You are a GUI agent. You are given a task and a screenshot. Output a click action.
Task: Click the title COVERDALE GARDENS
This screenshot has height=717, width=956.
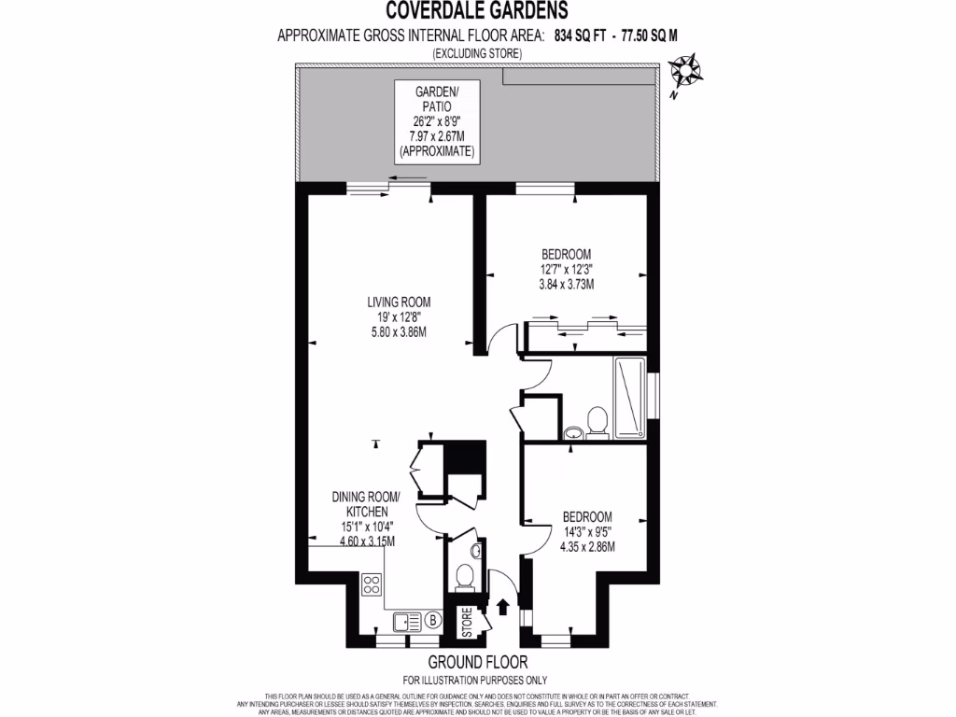(x=476, y=11)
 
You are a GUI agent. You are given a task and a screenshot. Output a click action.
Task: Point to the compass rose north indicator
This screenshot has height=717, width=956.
(x=687, y=71)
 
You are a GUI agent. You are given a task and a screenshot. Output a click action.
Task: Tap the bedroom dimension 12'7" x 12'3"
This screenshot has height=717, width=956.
(x=567, y=269)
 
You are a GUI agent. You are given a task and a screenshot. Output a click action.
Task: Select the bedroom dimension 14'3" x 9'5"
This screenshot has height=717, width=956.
(x=587, y=532)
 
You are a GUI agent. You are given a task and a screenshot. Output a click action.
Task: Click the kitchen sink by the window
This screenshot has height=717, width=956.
(x=406, y=619)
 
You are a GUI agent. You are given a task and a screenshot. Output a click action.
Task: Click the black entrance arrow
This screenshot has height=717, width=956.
(x=503, y=607)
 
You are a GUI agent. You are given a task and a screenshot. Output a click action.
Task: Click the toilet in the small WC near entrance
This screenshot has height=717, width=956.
(x=464, y=579)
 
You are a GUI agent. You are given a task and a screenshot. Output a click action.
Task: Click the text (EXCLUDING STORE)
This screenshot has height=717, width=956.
(x=476, y=54)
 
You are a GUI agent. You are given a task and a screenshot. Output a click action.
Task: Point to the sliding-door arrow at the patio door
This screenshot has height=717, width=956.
(x=409, y=177)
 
